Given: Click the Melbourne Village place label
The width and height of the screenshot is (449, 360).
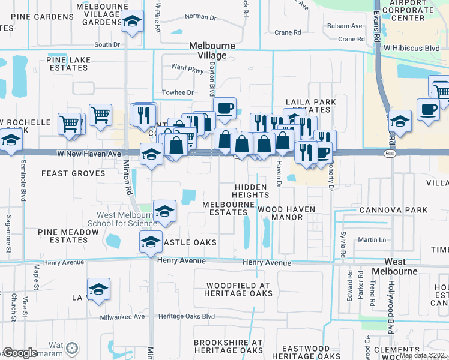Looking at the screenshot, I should [208, 50].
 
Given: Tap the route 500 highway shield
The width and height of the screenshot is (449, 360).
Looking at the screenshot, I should [391, 154].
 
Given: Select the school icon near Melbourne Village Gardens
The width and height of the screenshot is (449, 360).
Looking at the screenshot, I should [132, 23].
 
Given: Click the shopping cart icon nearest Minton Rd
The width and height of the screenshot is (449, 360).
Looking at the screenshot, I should [101, 113].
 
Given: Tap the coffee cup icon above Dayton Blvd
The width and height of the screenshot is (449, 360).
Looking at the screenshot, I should [224, 108].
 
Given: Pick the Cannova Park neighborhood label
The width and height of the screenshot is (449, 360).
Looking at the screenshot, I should [393, 210].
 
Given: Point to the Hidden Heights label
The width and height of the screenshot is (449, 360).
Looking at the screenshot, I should [251, 191].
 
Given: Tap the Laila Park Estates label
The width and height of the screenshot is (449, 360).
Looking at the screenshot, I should [307, 106].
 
